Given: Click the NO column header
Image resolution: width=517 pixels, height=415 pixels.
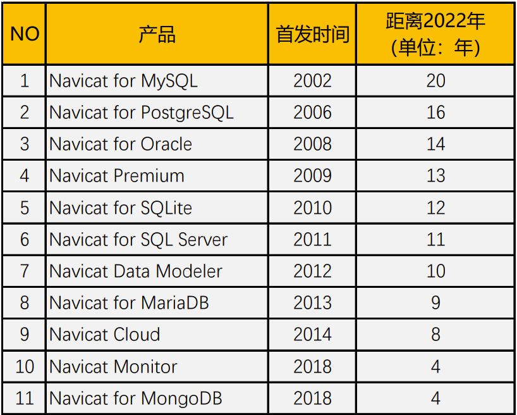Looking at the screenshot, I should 25,34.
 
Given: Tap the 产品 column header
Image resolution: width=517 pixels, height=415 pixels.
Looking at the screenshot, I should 157,34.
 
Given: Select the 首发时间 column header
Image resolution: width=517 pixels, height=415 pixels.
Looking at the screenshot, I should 312,34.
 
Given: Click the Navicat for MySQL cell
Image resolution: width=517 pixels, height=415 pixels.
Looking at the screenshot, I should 123,81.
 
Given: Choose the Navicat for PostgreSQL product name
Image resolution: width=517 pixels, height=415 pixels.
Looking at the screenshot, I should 142,113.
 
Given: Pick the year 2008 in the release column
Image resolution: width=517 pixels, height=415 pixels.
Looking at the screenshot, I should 312,144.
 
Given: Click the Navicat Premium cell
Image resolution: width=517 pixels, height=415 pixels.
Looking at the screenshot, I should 117,176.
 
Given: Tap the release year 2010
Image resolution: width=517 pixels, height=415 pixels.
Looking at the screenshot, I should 312,207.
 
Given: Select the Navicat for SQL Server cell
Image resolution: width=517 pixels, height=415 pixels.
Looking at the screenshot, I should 138,240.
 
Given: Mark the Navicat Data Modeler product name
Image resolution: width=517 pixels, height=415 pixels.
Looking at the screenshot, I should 136,271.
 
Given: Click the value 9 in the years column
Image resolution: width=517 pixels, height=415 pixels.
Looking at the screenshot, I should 435,303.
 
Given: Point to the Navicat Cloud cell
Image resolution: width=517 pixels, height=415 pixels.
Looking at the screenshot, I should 105,335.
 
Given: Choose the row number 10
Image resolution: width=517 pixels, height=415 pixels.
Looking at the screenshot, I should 25,366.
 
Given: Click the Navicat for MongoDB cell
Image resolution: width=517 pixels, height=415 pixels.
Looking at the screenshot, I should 136,399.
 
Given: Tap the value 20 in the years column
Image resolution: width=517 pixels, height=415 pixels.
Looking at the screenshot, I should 435,81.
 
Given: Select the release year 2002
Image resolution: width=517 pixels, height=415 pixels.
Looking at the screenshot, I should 312,81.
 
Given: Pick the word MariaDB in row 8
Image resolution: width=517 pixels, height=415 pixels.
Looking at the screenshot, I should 174,303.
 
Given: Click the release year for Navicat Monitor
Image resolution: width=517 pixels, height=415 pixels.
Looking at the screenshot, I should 312,366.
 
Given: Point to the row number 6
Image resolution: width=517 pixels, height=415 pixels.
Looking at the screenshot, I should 25,240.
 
